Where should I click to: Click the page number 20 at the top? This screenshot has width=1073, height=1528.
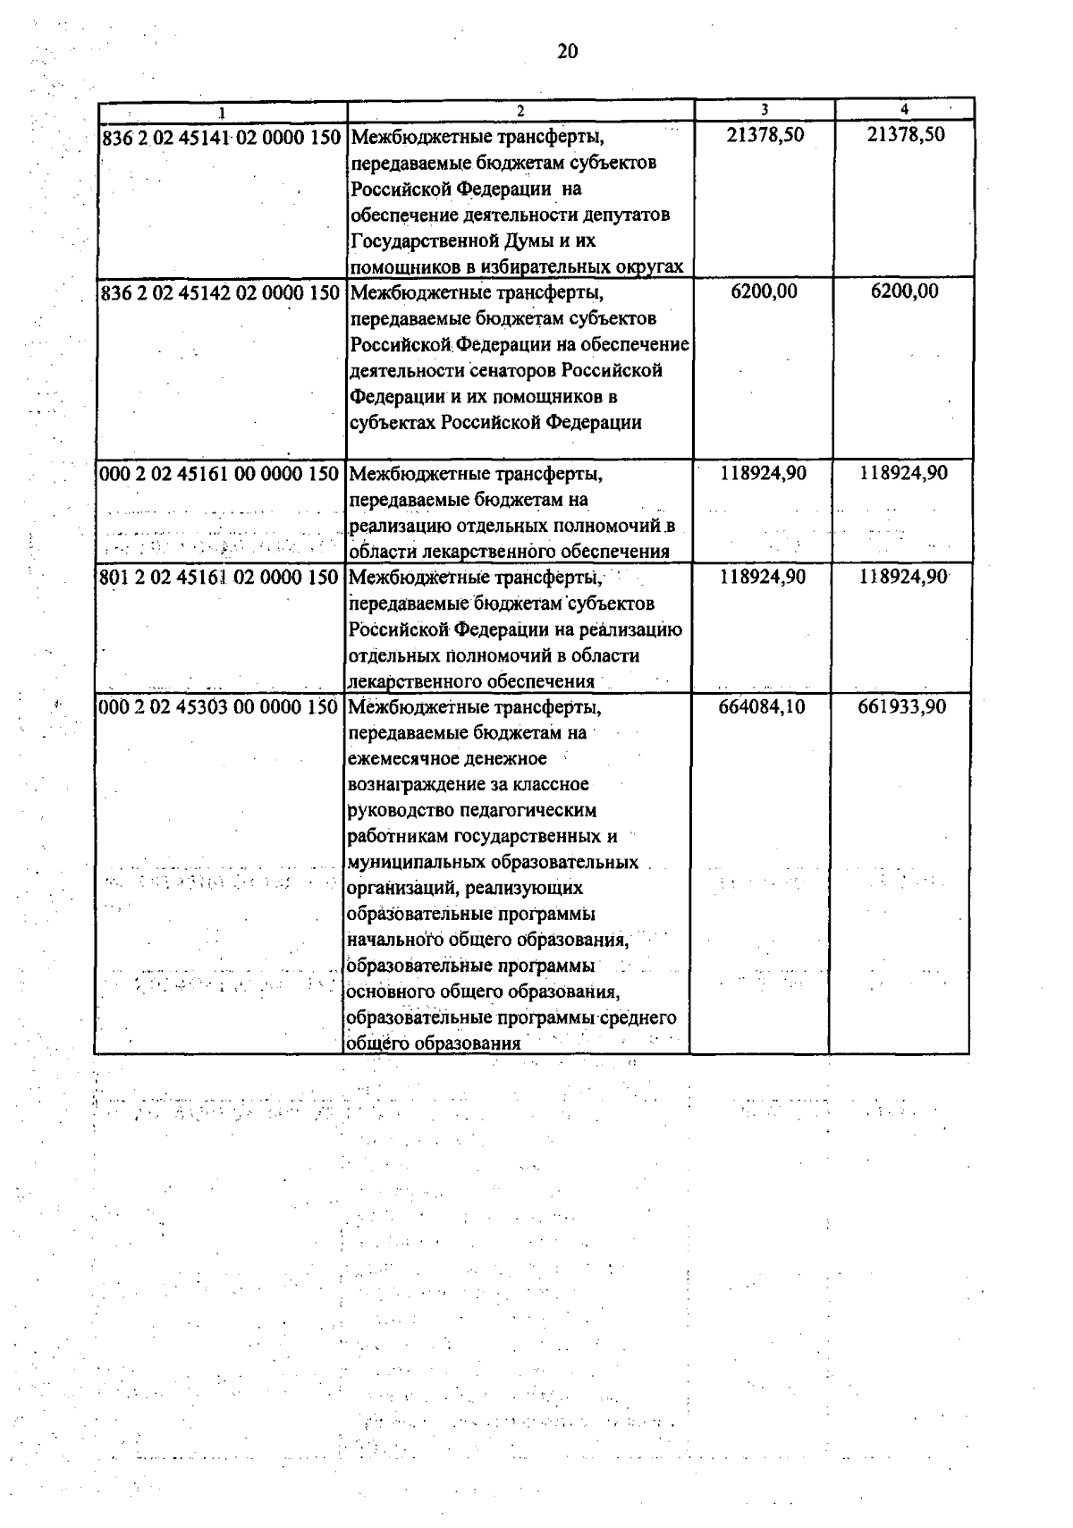pos(567,52)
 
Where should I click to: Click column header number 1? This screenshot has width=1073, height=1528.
pos(221,112)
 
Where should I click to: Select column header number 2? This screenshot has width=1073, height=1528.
pos(520,111)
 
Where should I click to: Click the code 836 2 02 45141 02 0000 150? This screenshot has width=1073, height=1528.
pos(221,139)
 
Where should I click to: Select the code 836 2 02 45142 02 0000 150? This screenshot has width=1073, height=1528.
pos(221,293)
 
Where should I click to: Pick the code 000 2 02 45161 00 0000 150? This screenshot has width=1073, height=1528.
pos(221,474)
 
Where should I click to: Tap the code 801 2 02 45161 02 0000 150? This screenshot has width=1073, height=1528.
pos(221,578)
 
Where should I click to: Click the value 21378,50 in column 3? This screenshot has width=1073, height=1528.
pos(765,135)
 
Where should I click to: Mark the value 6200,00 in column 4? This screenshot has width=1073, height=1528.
pos(905,291)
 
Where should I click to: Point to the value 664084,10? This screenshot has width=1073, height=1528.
pos(762,707)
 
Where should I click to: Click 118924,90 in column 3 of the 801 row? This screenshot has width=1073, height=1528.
pos(763,578)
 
